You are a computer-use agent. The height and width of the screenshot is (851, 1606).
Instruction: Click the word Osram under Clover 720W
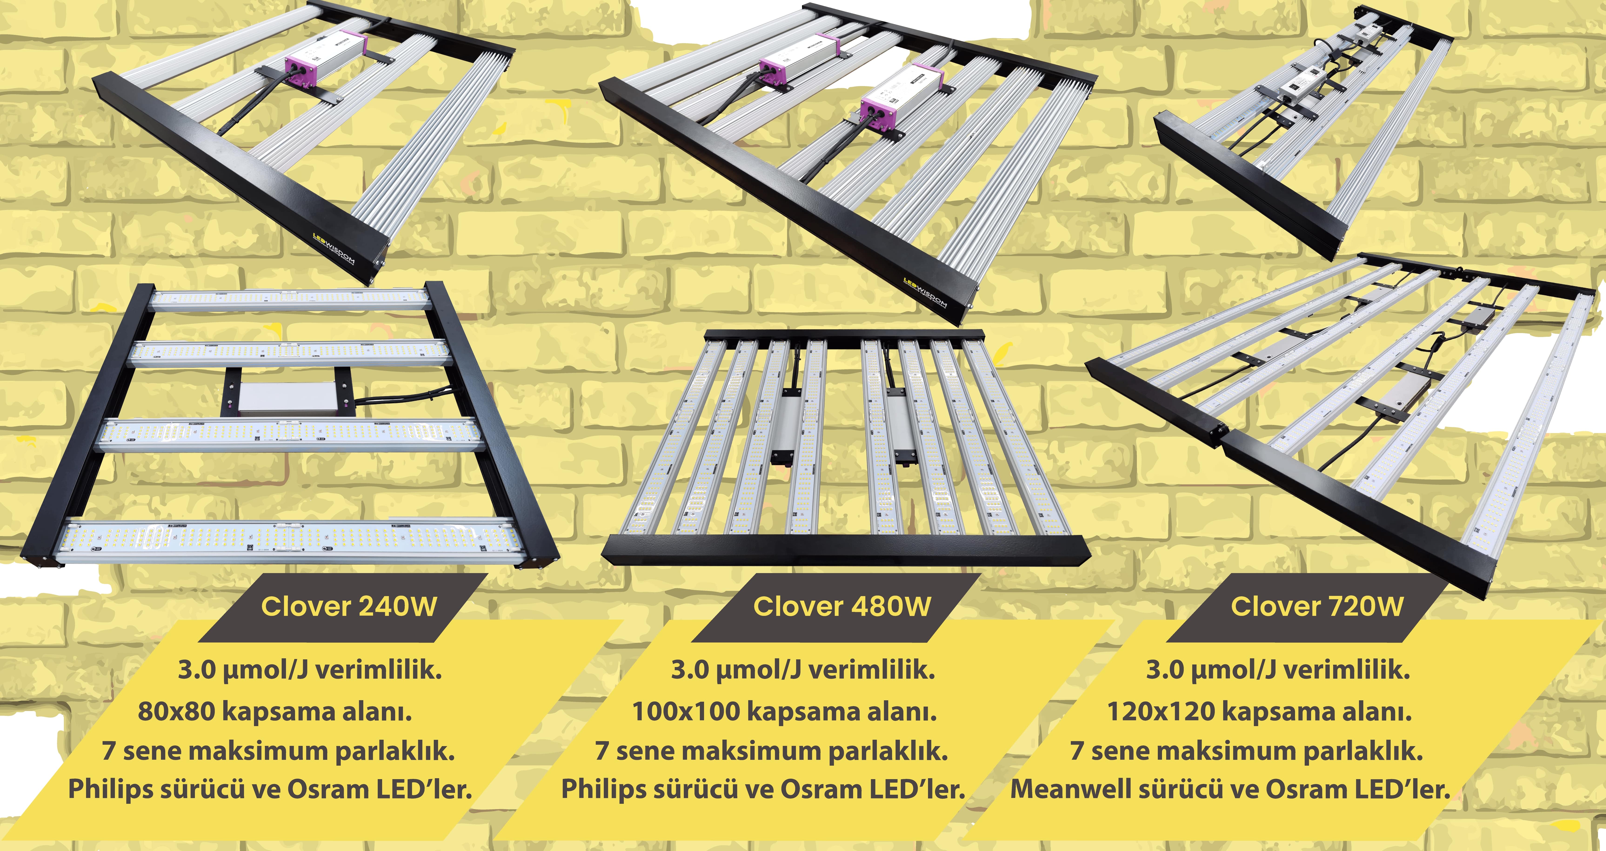pos(1311,789)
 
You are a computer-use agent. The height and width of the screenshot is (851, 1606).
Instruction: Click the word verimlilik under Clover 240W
pos(379,670)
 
